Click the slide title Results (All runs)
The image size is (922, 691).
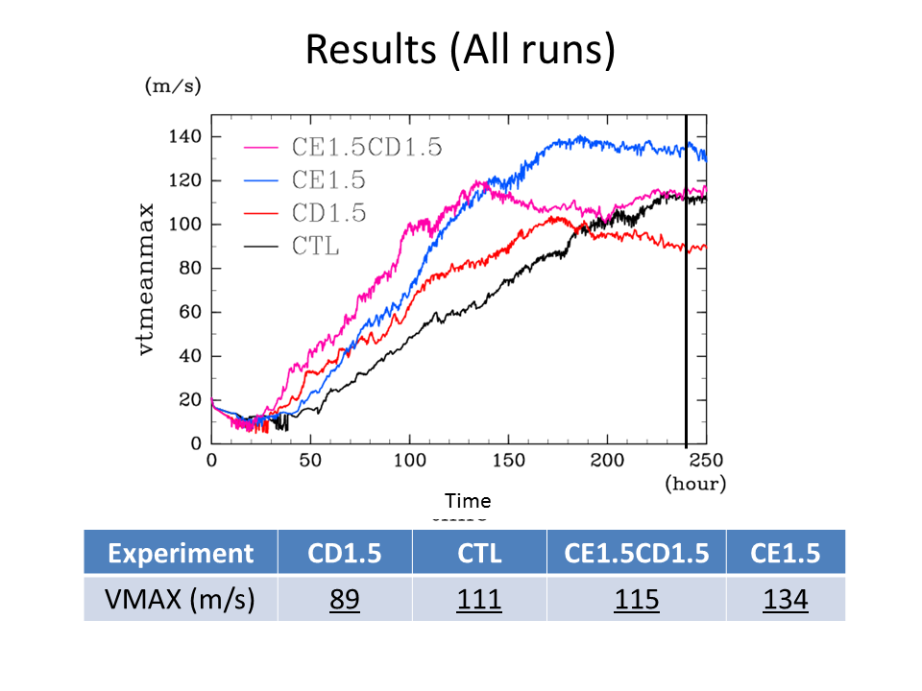460,50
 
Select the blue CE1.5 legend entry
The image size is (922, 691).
328,180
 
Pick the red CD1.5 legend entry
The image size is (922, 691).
328,213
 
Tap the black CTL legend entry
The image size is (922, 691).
313,246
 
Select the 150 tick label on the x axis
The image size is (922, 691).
508,462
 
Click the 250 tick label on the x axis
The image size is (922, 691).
706,462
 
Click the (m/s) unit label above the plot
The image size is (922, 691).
173,86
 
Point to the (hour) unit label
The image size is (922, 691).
695,484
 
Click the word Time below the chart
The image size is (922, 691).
468,501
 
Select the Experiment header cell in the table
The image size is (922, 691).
181,554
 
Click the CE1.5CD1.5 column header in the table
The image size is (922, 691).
636,554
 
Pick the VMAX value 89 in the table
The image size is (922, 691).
344,600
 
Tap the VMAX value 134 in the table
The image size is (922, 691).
785,600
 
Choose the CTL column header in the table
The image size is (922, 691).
478,554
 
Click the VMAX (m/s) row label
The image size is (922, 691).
181,600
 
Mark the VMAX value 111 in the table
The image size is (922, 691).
478,600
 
